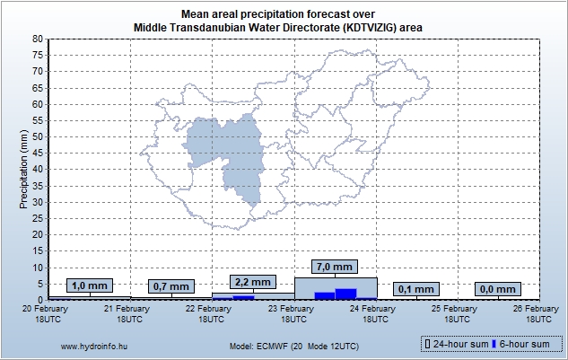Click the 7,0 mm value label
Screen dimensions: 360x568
(x=336, y=267)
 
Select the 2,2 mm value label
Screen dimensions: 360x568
(x=253, y=281)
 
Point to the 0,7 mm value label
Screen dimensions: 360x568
(x=170, y=286)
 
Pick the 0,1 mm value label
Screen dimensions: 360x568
(x=417, y=289)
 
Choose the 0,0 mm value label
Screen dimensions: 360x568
(x=497, y=289)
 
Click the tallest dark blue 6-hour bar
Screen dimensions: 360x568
(x=345, y=294)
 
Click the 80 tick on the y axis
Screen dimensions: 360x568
(x=37, y=40)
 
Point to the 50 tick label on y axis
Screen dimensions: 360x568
(x=37, y=137)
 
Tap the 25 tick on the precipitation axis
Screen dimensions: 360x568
(x=37, y=218)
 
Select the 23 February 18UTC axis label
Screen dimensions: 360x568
(x=294, y=313)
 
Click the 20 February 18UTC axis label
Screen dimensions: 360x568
(x=48, y=313)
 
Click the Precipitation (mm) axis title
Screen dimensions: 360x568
(x=24, y=170)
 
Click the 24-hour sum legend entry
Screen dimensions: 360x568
(x=454, y=344)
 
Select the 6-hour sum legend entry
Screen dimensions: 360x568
(x=521, y=344)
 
